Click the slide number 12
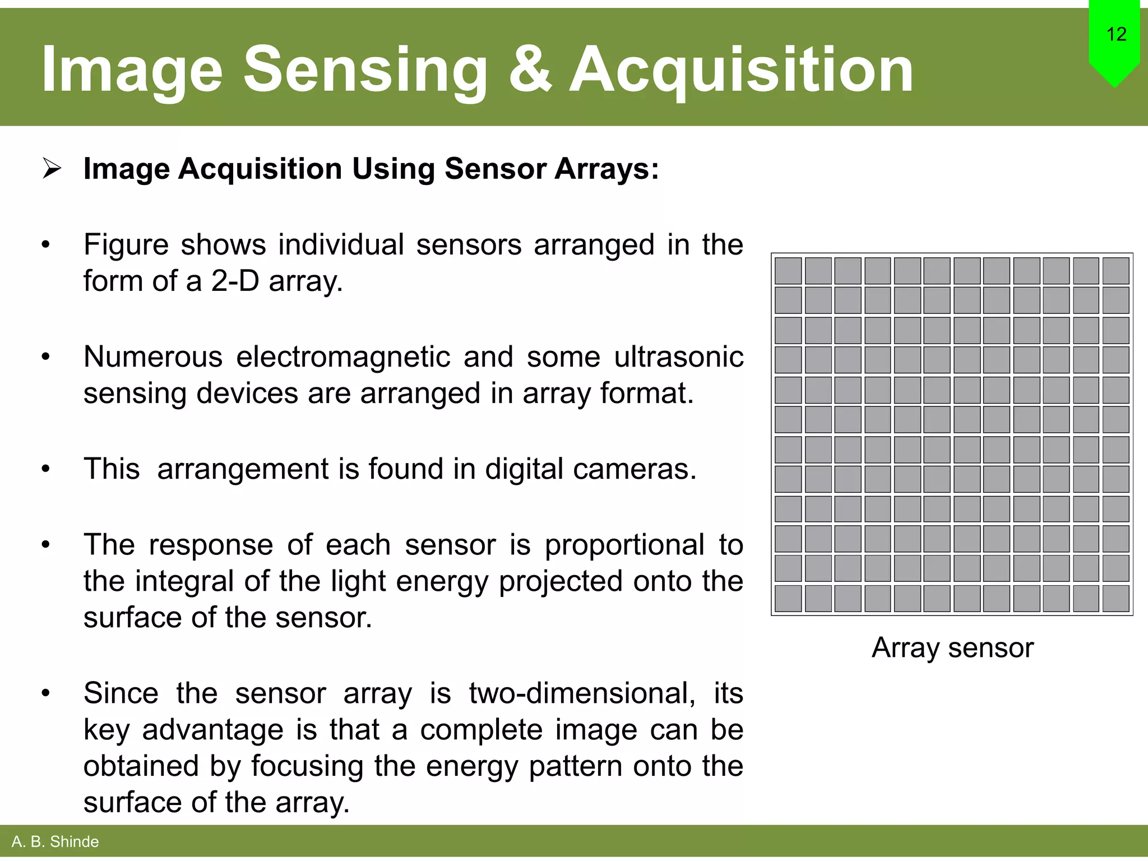(1116, 34)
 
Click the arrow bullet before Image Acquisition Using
(52, 168)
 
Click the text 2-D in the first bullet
(235, 281)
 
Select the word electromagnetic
(342, 357)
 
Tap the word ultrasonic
(678, 357)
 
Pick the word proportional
(624, 544)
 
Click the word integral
(184, 581)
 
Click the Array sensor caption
(952, 647)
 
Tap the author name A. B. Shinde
(55, 841)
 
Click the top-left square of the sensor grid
(788, 271)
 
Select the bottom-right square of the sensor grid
(1115, 598)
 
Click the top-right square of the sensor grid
(1115, 271)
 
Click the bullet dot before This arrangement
(46, 469)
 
